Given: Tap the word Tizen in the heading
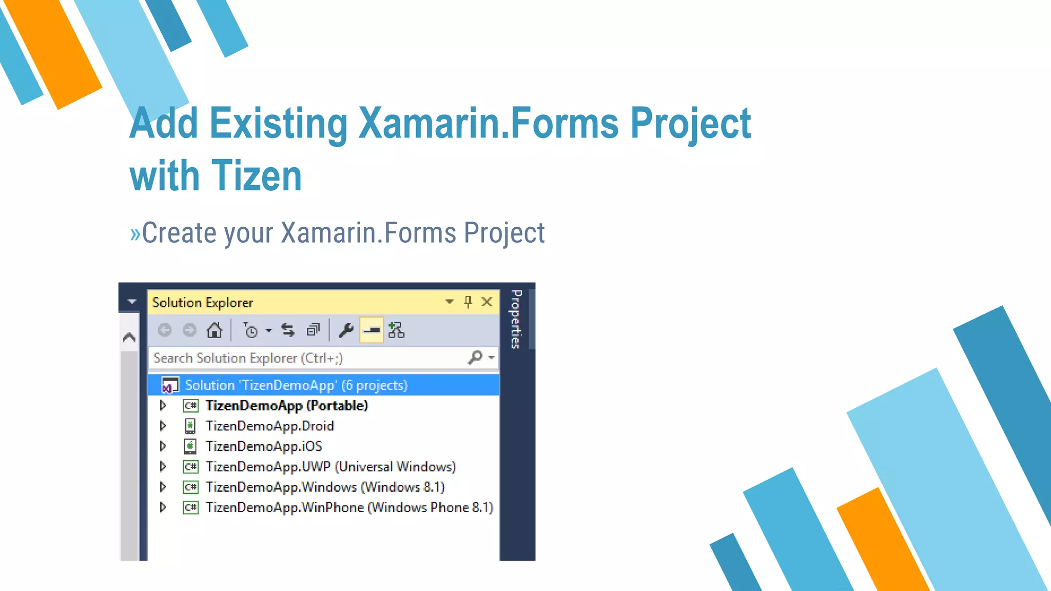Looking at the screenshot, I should (x=257, y=176).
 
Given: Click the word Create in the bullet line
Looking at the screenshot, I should (x=179, y=233).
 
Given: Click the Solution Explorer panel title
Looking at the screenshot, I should (x=203, y=303).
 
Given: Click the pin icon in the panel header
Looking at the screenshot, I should (x=468, y=302).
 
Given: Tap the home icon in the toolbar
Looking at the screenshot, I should (x=214, y=330).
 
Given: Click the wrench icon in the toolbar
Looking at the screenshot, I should (x=346, y=330).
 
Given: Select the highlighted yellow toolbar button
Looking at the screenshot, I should (x=372, y=330).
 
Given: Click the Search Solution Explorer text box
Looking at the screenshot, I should (x=308, y=358).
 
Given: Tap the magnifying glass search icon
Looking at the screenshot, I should (x=475, y=357).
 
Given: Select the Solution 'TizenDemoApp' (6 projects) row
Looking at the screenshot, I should (x=296, y=385).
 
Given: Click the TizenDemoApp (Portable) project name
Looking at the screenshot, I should (x=286, y=406).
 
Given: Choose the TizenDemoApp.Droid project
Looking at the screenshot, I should (x=269, y=426).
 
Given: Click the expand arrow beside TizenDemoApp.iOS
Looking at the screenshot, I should (x=163, y=446).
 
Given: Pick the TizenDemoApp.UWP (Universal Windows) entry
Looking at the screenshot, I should (x=330, y=467).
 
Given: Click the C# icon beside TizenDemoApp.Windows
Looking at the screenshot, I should (x=190, y=487).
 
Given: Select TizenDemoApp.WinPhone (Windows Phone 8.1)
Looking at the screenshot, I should (x=349, y=507).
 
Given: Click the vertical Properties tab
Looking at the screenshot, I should (x=516, y=319).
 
